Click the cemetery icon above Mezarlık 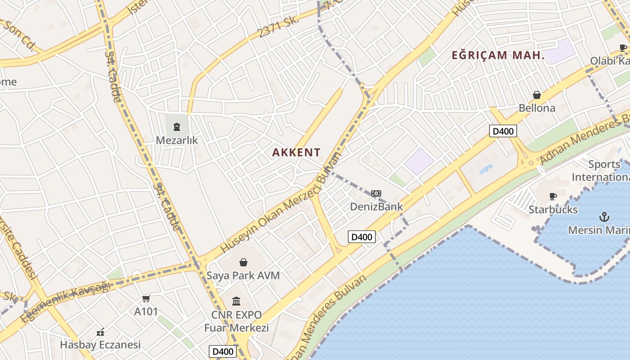(x=177, y=127)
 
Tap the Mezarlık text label (x=177, y=140)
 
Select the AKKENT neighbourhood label (x=297, y=153)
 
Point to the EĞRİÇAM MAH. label (x=498, y=56)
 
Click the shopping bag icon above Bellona (x=537, y=95)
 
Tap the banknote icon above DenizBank (x=376, y=193)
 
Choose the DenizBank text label (x=377, y=207)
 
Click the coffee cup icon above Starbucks (x=553, y=196)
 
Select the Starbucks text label (x=553, y=210)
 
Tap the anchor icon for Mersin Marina (x=605, y=217)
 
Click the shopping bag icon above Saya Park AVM (x=243, y=262)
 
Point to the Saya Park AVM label (x=243, y=275)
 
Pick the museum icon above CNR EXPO (x=236, y=301)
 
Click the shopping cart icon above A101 (x=146, y=298)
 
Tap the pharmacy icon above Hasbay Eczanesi (x=100, y=332)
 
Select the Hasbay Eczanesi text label (x=100, y=345)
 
